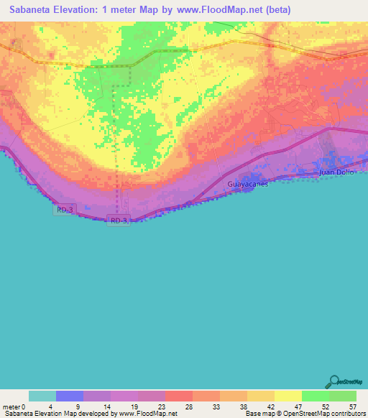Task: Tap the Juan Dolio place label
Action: (x=336, y=172)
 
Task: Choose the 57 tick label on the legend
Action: (x=352, y=407)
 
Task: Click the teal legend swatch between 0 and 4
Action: (x=42, y=396)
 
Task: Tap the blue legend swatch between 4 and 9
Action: (x=69, y=396)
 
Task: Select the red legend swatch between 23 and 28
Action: (x=178, y=396)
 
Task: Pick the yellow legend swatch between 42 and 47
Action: (x=287, y=396)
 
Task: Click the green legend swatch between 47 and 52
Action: (x=315, y=396)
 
